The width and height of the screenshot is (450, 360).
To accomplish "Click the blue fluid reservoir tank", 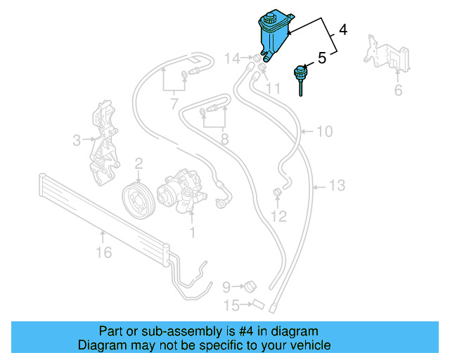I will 271,34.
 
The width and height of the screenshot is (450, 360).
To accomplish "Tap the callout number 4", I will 342,30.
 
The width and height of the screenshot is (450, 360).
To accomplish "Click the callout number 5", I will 321,58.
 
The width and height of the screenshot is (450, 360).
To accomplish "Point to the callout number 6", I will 398,90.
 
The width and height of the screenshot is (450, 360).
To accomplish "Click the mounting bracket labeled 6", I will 385,54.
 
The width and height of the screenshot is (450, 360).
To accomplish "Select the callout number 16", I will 103,252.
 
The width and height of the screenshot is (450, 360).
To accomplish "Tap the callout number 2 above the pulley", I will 139,163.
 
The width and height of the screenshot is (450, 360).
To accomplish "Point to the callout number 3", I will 77,141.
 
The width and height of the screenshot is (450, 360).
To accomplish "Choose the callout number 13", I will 337,186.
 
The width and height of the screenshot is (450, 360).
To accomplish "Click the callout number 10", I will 323,131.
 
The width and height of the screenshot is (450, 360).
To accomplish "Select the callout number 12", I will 279,217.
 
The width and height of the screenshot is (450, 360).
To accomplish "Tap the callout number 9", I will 227,286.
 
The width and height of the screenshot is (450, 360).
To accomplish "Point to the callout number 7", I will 174,105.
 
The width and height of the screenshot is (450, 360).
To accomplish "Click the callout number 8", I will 224,139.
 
